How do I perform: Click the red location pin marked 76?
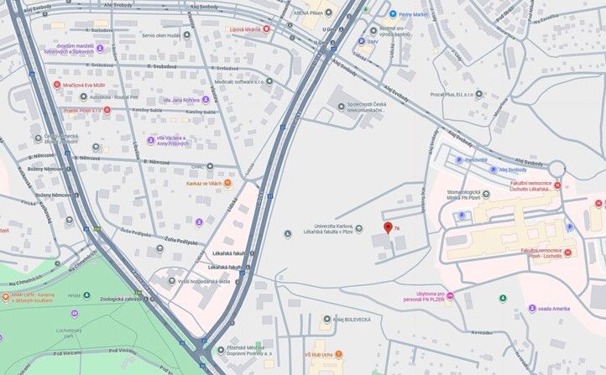387,227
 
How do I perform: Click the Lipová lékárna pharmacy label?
245,29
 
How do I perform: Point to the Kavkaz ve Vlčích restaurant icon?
227,183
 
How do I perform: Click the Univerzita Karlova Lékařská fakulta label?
322,229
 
